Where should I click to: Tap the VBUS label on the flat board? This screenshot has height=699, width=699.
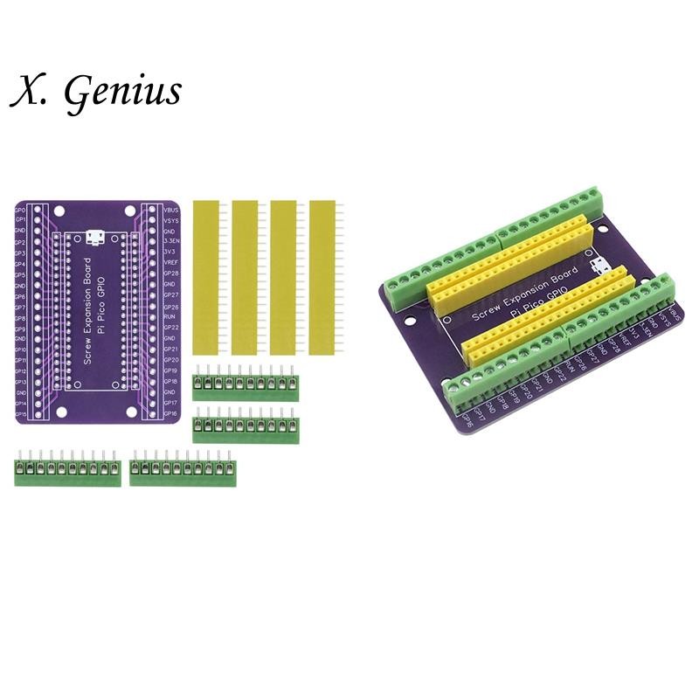tap(170, 210)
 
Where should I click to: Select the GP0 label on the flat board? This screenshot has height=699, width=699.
tap(20, 210)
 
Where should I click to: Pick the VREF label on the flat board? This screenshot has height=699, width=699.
tap(170, 263)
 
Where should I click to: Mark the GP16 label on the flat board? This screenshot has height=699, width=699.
tap(170, 413)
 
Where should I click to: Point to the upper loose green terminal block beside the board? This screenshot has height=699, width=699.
tap(246, 385)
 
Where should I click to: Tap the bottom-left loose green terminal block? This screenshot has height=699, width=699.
tap(67, 472)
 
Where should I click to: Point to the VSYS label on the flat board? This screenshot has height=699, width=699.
tap(170, 220)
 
